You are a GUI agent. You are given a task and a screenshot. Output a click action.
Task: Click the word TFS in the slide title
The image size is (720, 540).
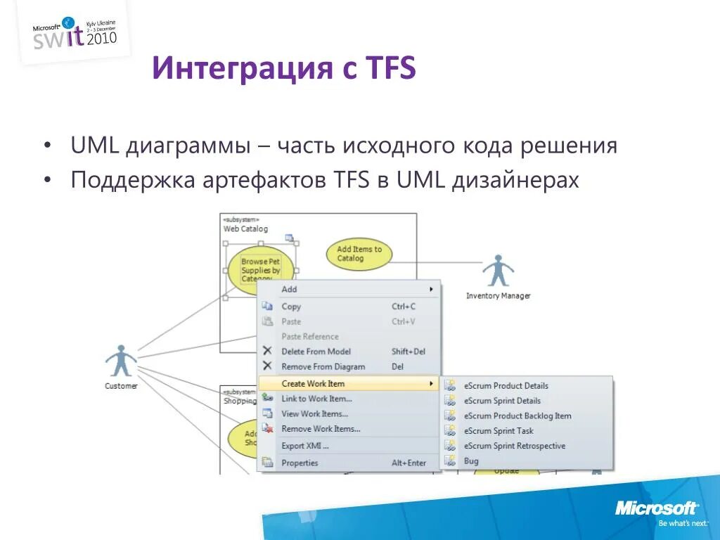click(x=390, y=69)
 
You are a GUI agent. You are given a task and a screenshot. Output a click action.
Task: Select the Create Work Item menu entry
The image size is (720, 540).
click(x=313, y=384)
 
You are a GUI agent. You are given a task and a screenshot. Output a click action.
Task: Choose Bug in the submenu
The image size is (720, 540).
click(x=471, y=461)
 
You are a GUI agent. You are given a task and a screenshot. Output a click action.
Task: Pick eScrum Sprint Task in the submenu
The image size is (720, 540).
click(x=499, y=431)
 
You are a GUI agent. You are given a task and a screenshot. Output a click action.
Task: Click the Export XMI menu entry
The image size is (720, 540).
click(x=304, y=446)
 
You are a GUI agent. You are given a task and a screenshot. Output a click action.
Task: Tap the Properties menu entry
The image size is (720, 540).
click(x=300, y=463)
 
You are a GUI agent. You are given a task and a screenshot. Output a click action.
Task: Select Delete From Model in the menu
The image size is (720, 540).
click(x=316, y=352)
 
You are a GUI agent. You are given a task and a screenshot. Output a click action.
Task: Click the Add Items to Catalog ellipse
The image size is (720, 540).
click(x=359, y=254)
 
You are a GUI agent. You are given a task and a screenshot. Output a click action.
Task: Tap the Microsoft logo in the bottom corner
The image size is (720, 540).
click(x=657, y=508)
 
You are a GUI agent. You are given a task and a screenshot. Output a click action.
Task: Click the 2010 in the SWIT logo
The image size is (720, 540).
click(x=101, y=37)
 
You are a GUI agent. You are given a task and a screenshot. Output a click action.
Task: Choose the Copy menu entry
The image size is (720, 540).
click(x=291, y=307)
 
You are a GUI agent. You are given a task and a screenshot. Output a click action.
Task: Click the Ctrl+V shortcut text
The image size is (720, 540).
click(x=403, y=321)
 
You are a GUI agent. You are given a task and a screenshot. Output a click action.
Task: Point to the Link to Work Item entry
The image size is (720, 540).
click(x=316, y=399)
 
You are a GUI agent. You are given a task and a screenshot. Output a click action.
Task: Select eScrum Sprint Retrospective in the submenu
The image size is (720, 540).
click(x=514, y=446)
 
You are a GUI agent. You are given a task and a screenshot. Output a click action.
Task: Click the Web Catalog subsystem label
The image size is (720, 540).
click(x=245, y=229)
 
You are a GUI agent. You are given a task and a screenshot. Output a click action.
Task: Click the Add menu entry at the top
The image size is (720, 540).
click(x=289, y=289)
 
